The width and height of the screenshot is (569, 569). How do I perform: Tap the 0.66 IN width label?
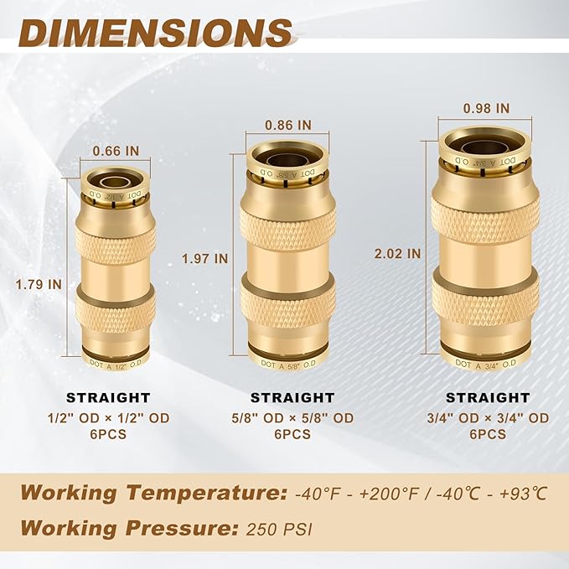coord(116,151)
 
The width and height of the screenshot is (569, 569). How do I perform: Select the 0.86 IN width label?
coord(287,124)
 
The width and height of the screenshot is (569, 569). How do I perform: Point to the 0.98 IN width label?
coord(486,108)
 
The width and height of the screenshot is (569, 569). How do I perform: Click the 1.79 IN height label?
coord(39,284)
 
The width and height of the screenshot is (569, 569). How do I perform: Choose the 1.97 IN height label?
coord(204,259)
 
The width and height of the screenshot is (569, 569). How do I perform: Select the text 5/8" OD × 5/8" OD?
coord(292,417)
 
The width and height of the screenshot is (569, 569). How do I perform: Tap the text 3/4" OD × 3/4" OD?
coord(487,417)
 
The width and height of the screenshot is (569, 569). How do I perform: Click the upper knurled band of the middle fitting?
coord(287,224)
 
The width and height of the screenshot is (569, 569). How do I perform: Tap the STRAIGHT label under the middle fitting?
coord(292,397)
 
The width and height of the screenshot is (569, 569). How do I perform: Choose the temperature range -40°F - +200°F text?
coord(355,493)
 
